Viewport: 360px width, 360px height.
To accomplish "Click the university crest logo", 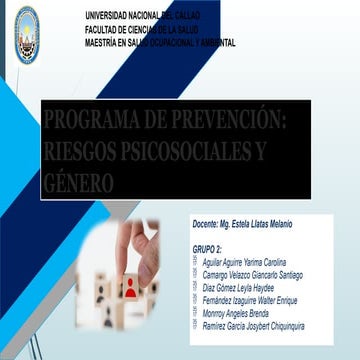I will [26, 22].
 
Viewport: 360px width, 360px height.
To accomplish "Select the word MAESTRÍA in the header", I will [104, 43].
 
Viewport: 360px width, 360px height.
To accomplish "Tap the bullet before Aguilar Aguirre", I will [195, 262].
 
